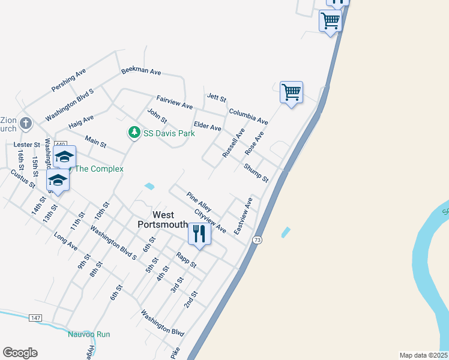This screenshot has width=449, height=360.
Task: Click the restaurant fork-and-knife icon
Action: coord(200,233)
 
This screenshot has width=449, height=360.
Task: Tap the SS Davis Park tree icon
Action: coord(134,133)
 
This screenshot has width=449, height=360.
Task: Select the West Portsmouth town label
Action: coord(156,220)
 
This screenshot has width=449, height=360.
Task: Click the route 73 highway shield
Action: coord(258,240)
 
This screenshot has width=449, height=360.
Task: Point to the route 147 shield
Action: coord(35,317)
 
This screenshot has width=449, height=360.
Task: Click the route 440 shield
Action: coord(60,145)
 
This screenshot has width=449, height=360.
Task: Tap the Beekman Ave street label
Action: coord(141,71)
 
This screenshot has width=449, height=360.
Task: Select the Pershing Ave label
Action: coord(69,80)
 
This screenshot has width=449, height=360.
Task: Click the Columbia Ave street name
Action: coord(248,116)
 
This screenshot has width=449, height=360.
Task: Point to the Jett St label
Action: coord(216,97)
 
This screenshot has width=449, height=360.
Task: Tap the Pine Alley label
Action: coord(199,201)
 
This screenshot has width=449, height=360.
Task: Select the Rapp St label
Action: coord(186,259)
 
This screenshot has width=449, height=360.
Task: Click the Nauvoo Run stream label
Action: coord(89,334)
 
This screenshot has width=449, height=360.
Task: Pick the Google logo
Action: coord(20,353)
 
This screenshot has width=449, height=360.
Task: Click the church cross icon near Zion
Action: coord(25,124)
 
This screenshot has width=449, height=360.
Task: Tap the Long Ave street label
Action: coord(66,241)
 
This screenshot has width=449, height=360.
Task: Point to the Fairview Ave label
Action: coord(174,102)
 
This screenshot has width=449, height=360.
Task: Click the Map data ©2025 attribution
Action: coord(423,355)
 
